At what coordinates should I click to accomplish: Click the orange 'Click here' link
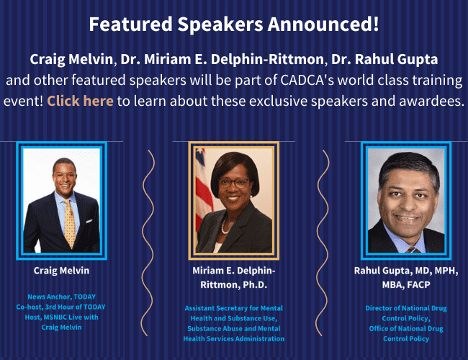tap(81, 101)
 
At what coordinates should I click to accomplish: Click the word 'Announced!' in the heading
tap(323, 24)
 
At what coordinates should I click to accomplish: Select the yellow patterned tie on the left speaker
tap(70, 224)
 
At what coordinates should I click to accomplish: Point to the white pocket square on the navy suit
tap(89, 221)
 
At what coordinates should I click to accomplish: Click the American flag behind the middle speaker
tap(203, 191)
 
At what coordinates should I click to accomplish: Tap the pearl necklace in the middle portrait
tap(225, 226)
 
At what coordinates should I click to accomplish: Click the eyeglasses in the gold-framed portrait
tap(233, 183)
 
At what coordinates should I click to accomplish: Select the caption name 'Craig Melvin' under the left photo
tap(61, 271)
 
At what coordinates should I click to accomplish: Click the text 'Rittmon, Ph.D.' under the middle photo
tap(234, 285)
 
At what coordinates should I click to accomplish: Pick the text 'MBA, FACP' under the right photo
tap(406, 285)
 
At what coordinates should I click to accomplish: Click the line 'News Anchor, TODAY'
tap(61, 297)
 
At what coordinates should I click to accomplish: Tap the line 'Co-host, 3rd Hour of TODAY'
tap(61, 307)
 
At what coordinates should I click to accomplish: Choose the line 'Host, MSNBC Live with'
tap(61, 317)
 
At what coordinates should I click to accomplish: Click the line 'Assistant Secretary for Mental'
tap(234, 308)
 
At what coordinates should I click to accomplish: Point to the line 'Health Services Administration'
tap(234, 338)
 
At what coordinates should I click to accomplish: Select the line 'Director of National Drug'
tap(406, 308)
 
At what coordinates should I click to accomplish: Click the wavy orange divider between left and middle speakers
tap(148, 243)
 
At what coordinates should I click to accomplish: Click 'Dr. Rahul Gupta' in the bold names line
tap(384, 59)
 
